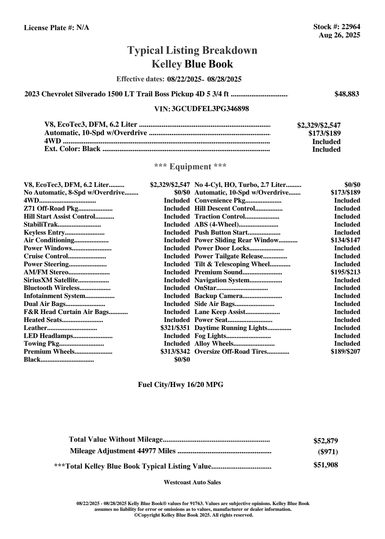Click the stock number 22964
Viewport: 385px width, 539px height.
[351, 27]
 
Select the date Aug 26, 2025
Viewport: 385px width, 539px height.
[339, 35]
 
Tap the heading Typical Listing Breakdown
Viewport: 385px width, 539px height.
[192, 50]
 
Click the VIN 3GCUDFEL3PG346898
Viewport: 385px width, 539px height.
[210, 109]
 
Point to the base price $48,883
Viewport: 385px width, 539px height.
[347, 94]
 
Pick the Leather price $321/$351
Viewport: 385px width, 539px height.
[175, 328]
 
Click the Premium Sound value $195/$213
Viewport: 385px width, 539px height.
[345, 272]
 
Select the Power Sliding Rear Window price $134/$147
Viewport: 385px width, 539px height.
[345, 240]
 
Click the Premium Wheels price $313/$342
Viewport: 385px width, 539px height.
[175, 352]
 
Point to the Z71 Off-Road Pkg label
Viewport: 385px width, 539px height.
[51, 209]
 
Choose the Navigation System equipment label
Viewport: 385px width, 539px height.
[222, 280]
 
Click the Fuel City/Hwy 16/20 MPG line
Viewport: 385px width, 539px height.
[180, 385]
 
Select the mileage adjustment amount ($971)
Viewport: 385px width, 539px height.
[328, 452]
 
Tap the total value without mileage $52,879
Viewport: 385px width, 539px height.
[325, 441]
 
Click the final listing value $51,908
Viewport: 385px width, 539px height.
[325, 465]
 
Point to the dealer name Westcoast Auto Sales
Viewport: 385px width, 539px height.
[192, 482]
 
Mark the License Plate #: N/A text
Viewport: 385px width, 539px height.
[56, 28]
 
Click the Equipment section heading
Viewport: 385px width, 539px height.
[190, 167]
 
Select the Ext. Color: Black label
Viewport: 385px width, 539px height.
[72, 149]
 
